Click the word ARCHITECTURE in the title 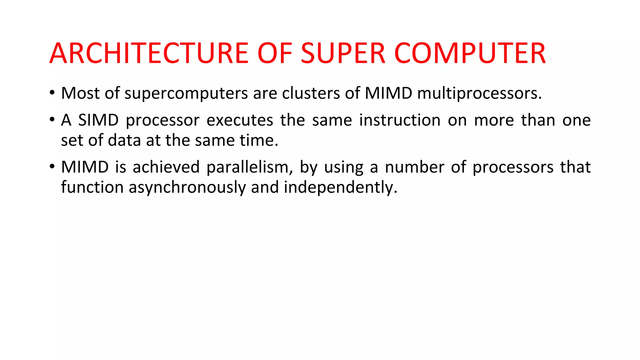149,53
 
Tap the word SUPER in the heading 343,53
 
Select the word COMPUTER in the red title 470,53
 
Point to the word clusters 311,93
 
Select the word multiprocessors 479,93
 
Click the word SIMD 98,120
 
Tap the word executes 240,120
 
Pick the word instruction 400,120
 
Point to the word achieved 166,167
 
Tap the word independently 340,187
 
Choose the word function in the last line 92,187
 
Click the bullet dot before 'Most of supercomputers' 52,93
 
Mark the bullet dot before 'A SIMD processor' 52,120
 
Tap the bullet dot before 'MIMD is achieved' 52,167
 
